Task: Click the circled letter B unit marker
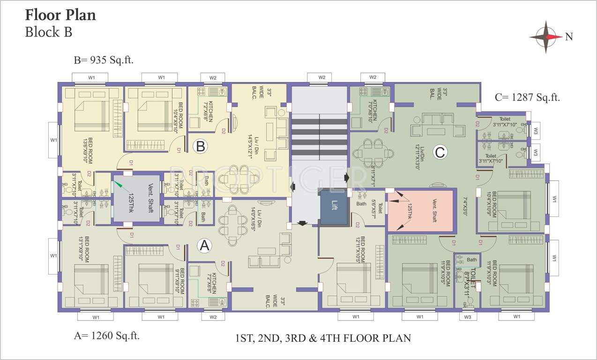coord(200,146)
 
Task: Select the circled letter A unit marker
coord(204,245)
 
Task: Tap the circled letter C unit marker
coord(439,152)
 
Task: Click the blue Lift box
coord(334,206)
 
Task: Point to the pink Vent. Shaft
coord(420,211)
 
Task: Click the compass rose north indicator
coord(546,37)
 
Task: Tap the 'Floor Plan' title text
coord(60,15)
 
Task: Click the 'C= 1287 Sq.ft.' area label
coord(527,98)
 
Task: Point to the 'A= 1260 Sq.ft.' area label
coord(106,335)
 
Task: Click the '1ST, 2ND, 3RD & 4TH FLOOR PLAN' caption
coord(323,337)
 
